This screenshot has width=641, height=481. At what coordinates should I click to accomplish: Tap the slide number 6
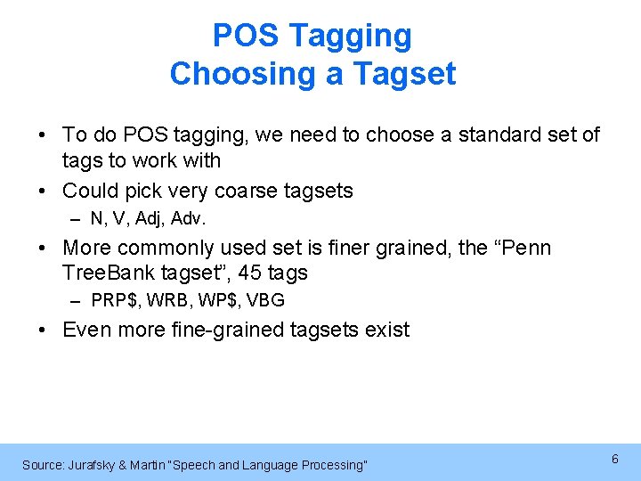pos(614,458)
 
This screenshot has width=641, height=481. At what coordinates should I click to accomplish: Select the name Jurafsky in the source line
pos(95,465)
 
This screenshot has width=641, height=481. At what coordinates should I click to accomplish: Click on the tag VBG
pos(264,300)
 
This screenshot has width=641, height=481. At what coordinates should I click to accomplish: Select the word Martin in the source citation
pos(154,465)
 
